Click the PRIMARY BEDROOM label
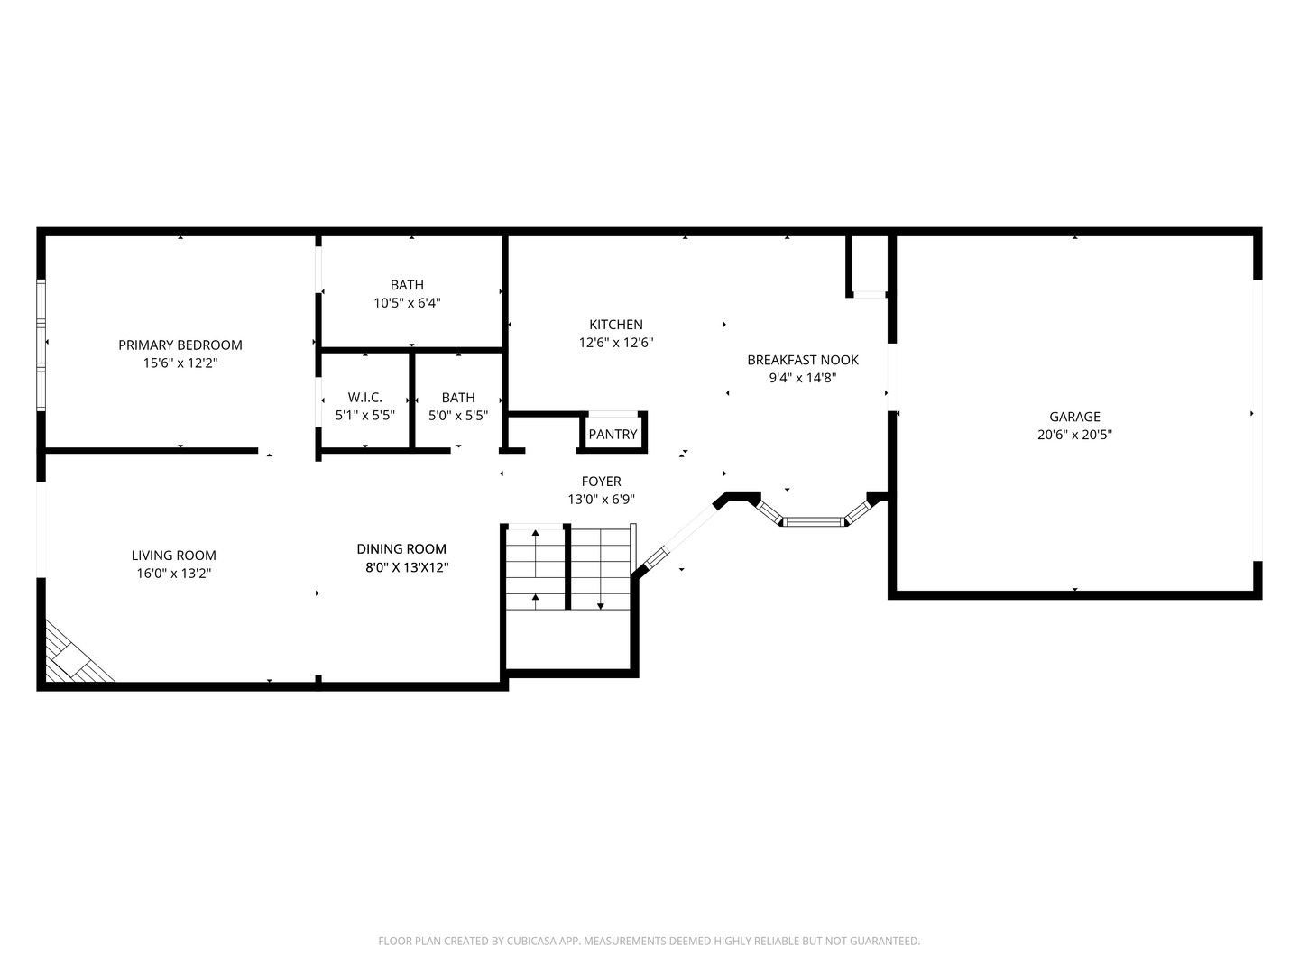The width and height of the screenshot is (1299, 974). (180, 345)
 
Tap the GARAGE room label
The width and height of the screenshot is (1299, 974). (1074, 417)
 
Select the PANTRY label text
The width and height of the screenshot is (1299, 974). (613, 435)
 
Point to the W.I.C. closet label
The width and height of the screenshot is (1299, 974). (365, 398)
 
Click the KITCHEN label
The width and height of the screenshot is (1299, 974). (616, 325)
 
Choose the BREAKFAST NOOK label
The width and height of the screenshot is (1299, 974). (803, 360)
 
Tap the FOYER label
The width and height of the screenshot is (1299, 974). (601, 482)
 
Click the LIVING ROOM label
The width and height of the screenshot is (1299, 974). (174, 556)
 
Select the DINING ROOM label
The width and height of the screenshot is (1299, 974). (401, 548)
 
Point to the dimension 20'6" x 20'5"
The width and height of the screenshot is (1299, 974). (1074, 435)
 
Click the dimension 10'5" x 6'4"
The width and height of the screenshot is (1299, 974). (407, 303)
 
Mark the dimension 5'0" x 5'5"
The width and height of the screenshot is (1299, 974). (458, 416)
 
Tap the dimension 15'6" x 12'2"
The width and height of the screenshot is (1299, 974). (180, 363)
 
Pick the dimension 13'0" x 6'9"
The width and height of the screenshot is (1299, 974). (601, 500)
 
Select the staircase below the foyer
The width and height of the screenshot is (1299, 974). (568, 568)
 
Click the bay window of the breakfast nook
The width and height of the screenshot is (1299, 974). (812, 520)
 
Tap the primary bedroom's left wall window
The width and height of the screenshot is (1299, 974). (41, 345)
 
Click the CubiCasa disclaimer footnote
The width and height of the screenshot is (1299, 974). (649, 941)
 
